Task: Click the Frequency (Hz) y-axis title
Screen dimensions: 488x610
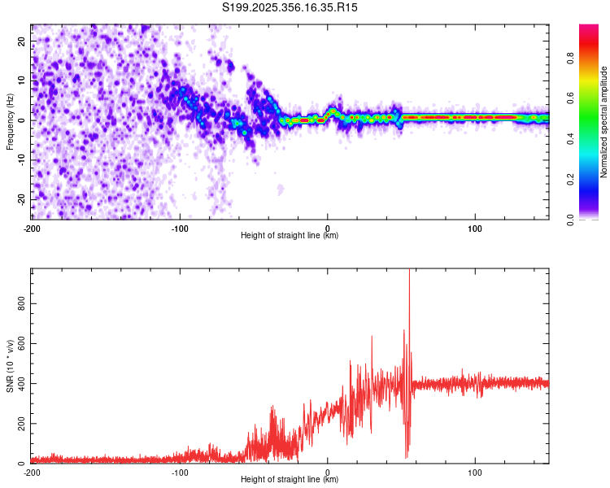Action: coord(11,121)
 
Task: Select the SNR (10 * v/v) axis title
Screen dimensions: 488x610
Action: coord(11,367)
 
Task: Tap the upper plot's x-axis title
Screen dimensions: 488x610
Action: coord(290,235)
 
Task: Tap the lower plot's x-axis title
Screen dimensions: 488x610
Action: coord(290,479)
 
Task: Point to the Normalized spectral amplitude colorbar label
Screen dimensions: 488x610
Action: coord(604,121)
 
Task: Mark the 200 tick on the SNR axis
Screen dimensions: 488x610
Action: coord(20,424)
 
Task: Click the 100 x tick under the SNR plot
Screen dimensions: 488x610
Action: coord(475,471)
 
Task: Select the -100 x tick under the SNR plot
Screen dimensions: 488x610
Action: coord(180,471)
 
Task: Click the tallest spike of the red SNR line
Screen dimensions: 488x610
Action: coord(409,272)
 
